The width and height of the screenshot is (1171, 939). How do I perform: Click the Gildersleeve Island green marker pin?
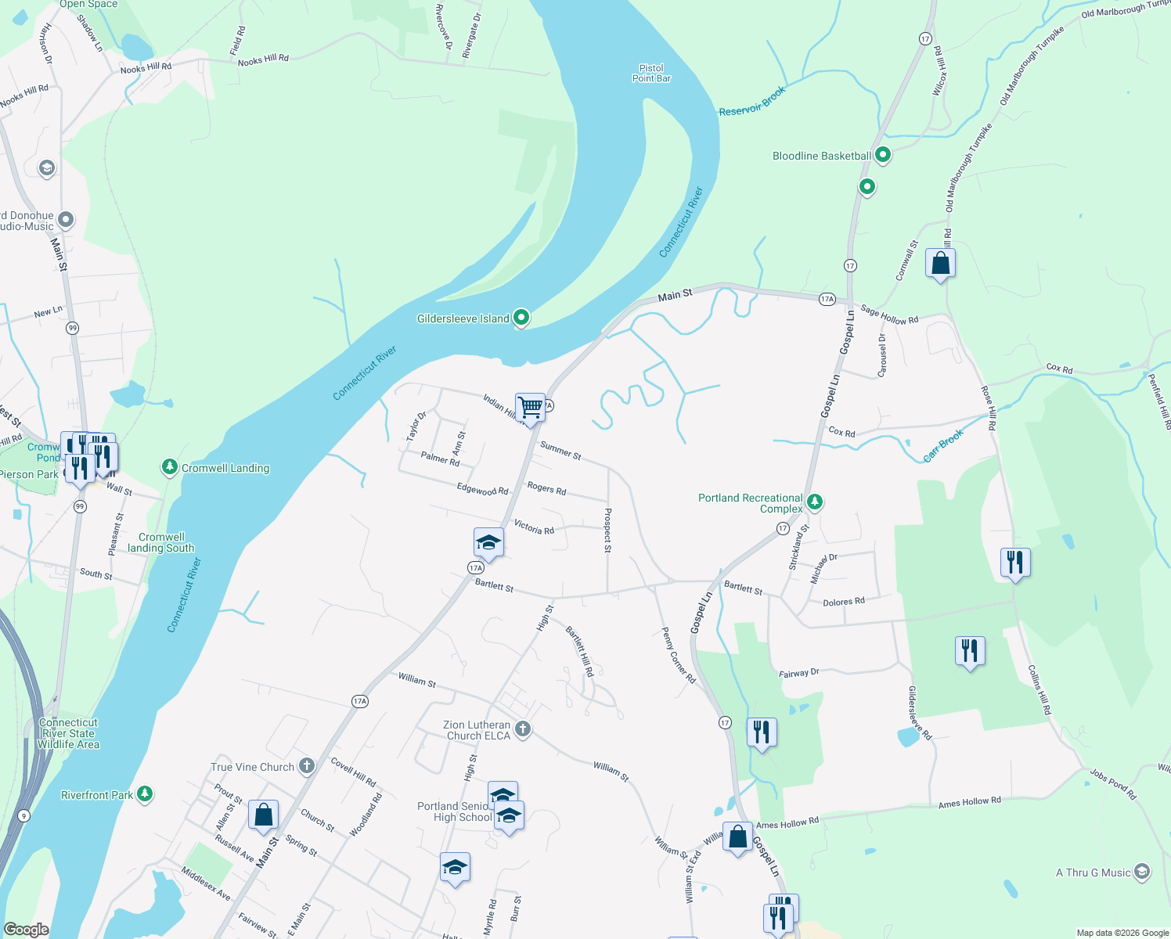coord(521,318)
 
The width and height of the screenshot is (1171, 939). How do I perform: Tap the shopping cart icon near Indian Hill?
coord(531,408)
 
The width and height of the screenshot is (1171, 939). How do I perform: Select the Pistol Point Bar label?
coord(651,74)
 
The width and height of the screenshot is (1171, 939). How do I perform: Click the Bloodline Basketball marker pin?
coord(883,155)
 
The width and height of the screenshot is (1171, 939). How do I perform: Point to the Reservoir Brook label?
coord(751,102)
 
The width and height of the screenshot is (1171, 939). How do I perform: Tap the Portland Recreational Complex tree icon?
coord(815,502)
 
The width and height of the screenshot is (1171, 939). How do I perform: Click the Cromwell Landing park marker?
coord(170,467)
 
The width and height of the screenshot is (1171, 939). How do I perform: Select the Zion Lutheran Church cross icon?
coord(523,729)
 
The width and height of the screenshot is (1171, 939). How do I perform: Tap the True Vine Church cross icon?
coord(307,766)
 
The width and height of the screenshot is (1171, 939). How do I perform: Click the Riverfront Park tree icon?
coord(144,794)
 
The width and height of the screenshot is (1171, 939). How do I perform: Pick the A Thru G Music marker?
coord(1142,871)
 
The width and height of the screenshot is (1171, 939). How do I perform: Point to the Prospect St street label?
coord(607,530)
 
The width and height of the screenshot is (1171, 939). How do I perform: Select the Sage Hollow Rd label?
coord(889,315)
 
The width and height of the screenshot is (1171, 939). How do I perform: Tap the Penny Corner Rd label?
coord(679,656)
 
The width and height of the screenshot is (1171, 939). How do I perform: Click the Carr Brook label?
coord(943,446)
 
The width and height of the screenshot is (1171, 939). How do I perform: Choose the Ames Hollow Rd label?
coord(969,802)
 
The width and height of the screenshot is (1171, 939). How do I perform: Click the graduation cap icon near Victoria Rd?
coord(488,542)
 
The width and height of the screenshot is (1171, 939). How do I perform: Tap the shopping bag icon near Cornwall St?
coord(940,263)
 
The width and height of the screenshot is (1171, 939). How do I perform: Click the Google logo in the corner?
coord(27,930)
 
